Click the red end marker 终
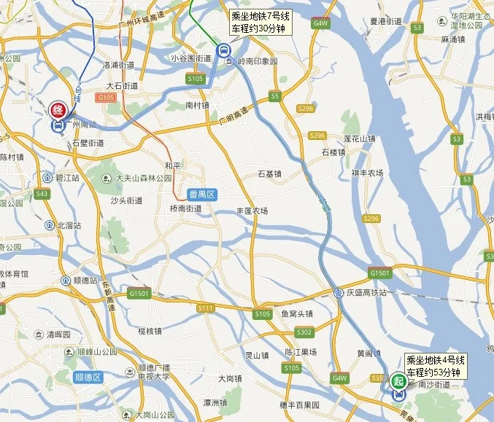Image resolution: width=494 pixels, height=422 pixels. click(x=56, y=112)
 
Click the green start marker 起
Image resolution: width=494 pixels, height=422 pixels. click(x=398, y=380)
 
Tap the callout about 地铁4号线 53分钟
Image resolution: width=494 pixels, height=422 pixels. click(x=436, y=366)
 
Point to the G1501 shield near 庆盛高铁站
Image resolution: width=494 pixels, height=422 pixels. click(x=379, y=273)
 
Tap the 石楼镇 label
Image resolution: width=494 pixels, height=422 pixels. click(x=333, y=153)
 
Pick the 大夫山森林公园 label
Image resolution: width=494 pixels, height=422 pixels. click(x=144, y=178)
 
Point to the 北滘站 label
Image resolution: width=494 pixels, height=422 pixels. click(x=69, y=224)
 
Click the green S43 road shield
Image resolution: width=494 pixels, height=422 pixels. click(x=42, y=194)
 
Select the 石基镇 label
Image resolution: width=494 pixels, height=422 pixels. click(x=269, y=174)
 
